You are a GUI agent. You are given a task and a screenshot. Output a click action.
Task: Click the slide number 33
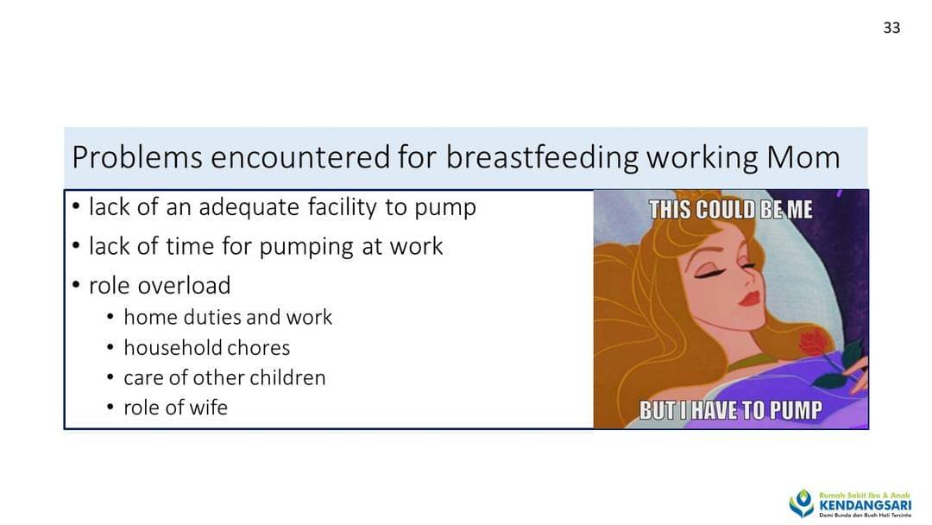(891, 28)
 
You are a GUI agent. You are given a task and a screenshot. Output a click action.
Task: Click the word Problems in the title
(137, 157)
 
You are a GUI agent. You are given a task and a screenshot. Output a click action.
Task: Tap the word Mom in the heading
(803, 157)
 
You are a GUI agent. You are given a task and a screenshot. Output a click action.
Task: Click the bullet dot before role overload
(75, 286)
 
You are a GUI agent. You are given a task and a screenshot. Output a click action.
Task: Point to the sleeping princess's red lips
(749, 297)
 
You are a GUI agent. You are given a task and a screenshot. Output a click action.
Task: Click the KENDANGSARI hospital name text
(865, 505)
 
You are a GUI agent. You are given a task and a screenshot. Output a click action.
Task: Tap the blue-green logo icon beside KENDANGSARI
(801, 503)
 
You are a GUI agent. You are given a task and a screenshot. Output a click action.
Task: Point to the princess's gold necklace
(752, 362)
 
